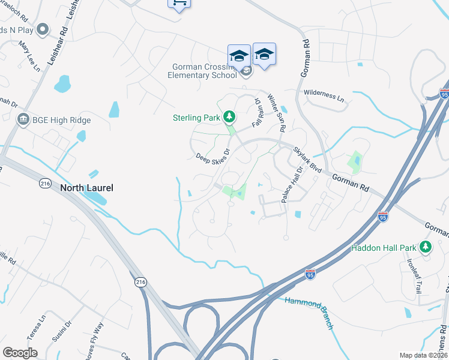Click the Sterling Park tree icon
tap(229, 116)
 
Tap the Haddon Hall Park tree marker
tap(426, 247)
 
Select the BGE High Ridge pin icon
tap(23, 120)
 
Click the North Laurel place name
tap(86, 188)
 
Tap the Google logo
tap(20, 353)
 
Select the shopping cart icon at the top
tap(178, 3)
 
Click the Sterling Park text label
tap(196, 118)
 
